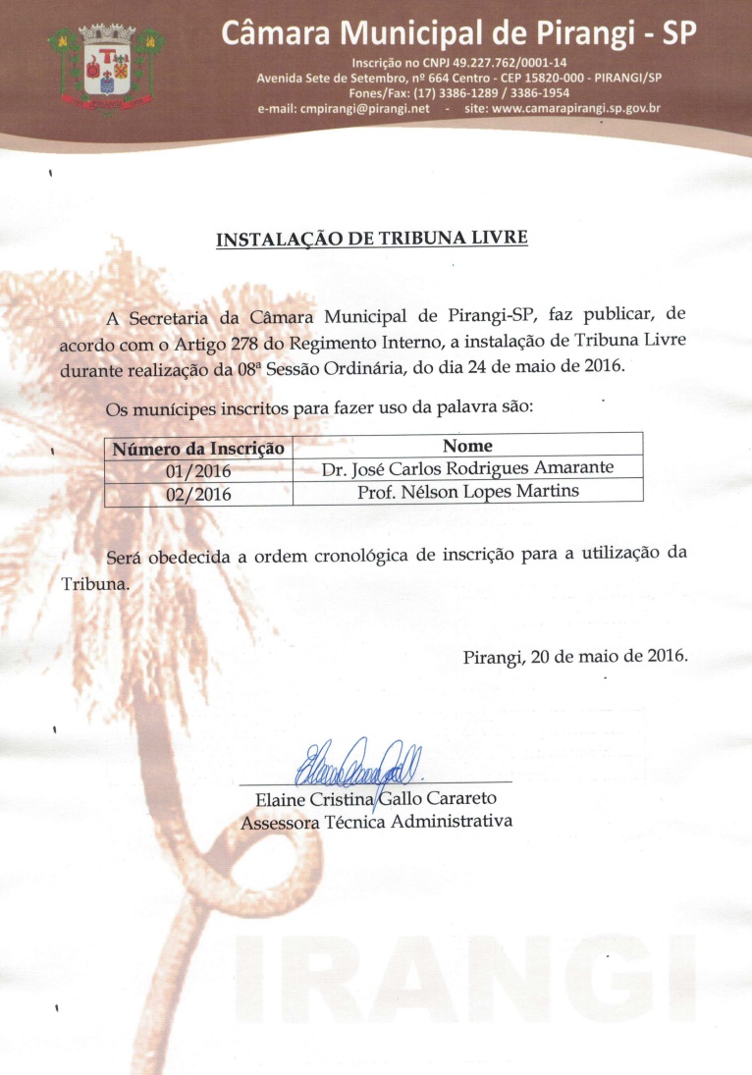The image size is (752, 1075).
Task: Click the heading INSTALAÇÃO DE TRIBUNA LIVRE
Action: pos(372,239)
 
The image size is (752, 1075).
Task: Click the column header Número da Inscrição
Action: pos(198,448)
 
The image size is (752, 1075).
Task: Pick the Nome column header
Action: pos(467,446)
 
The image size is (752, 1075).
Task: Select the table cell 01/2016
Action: pos(198,471)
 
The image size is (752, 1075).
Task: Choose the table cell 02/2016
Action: pos(198,494)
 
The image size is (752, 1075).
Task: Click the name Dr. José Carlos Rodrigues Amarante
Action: pos(467,468)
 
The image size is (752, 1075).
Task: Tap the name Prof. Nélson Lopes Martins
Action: pos(467,490)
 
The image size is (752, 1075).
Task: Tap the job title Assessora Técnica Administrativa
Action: pos(376,821)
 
